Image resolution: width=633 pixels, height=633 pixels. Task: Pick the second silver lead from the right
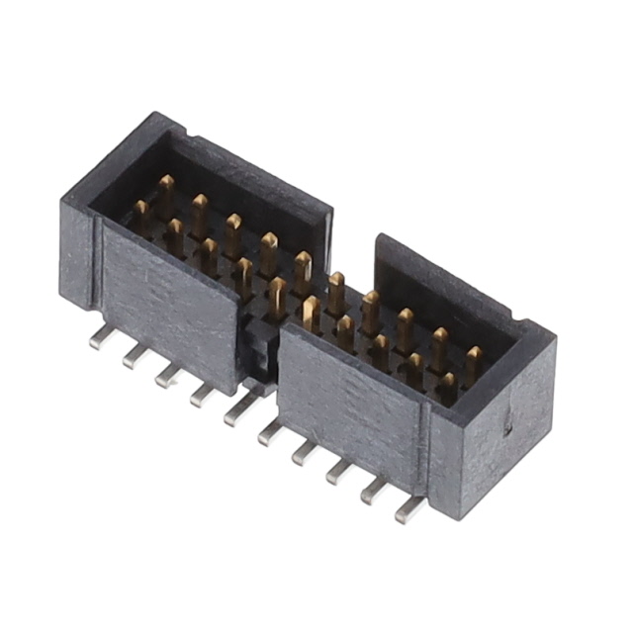click(x=374, y=490)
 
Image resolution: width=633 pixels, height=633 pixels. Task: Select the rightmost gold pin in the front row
click(x=448, y=386)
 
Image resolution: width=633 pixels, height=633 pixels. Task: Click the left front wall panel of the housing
click(x=168, y=302)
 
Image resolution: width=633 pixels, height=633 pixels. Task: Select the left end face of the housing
click(x=77, y=262)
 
